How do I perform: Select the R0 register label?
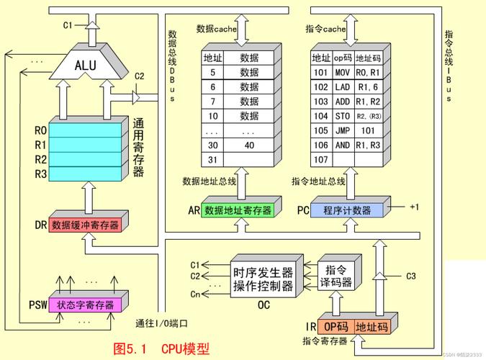coord(40,131)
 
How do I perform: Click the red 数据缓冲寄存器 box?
coord(85,225)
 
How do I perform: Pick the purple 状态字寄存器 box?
coord(85,305)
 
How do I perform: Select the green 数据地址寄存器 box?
coord(238,210)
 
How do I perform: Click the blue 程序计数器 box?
coord(347,210)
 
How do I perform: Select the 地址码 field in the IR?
coord(372,326)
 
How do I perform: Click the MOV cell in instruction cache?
coord(343,72)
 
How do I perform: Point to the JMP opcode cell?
coord(343,130)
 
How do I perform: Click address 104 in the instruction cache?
coord(320,116)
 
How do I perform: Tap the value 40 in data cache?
coord(249,145)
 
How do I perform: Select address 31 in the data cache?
coord(212,159)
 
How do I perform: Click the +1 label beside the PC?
coord(414,207)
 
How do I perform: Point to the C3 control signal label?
coord(411,276)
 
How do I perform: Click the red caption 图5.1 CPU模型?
coord(161,348)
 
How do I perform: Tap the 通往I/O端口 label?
coord(166,323)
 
